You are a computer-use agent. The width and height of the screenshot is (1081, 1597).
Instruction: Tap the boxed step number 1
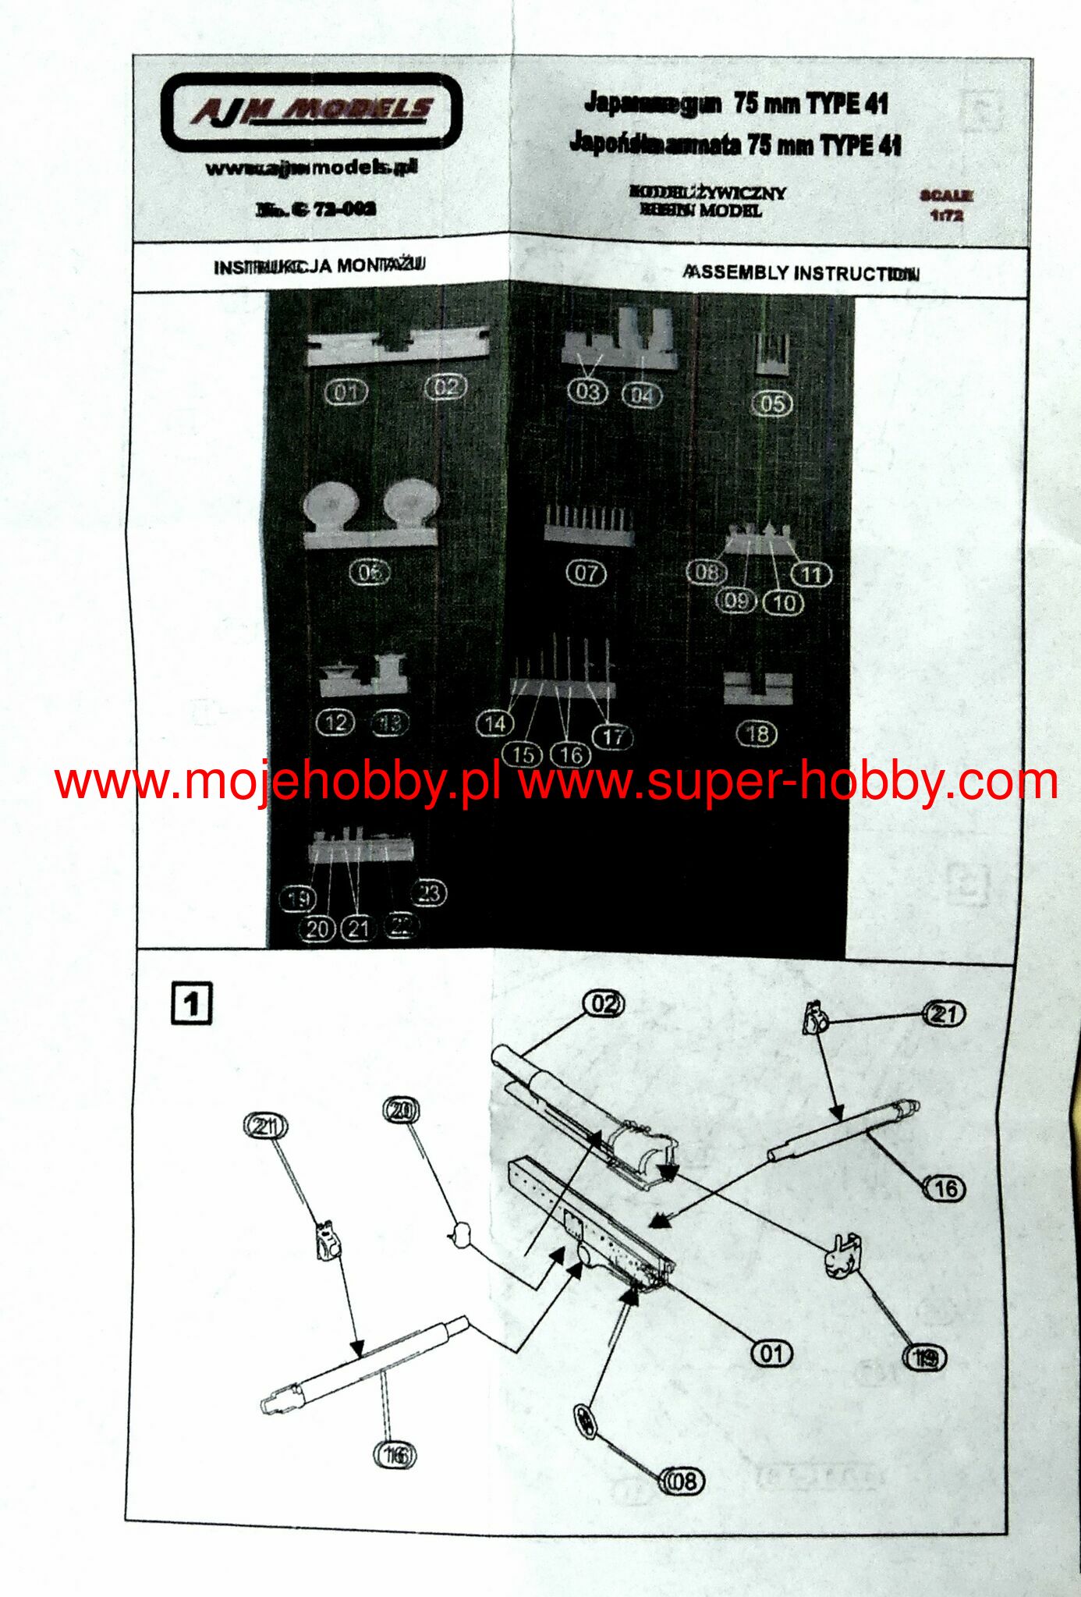click(191, 1003)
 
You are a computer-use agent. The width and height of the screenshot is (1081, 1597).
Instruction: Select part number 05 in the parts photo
click(771, 404)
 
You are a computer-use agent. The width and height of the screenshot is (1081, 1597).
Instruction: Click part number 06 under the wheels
click(370, 573)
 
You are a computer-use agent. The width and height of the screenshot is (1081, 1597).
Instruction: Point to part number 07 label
click(586, 573)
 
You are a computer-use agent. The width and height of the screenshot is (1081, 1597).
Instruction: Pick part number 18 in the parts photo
click(757, 734)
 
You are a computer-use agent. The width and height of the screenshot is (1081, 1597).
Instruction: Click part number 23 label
click(429, 893)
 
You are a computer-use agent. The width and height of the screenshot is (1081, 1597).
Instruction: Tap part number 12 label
click(335, 722)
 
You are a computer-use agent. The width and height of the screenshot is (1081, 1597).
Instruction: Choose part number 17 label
click(613, 736)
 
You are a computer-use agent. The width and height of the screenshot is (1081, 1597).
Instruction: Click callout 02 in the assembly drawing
click(604, 1004)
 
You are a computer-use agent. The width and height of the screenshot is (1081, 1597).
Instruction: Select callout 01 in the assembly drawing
click(771, 1353)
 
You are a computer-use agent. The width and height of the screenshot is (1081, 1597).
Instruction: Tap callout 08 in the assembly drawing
click(682, 1481)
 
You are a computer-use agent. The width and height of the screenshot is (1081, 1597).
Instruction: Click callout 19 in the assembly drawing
click(924, 1358)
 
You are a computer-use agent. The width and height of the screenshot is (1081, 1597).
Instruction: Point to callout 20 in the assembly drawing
click(401, 1111)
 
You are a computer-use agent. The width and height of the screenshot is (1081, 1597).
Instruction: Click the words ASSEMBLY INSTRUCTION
click(800, 273)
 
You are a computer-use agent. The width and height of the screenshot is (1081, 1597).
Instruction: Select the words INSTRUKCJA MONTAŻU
click(319, 266)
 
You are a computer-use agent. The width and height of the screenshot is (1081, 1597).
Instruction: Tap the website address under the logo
click(311, 168)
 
